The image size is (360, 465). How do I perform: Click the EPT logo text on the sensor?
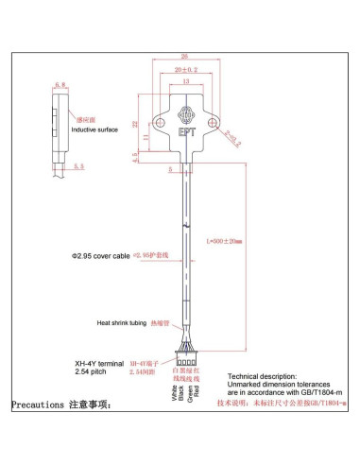(x=184, y=134)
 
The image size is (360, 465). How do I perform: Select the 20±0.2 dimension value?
(x=185, y=69)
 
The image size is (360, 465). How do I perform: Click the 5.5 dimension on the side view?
(x=78, y=166)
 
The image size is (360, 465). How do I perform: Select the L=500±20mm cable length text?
(x=224, y=241)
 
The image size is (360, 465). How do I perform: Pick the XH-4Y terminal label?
(x=96, y=362)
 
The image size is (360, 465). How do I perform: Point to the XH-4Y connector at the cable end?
(x=185, y=360)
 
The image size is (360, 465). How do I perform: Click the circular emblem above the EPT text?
(x=184, y=121)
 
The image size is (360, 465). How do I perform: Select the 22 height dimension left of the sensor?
(x=135, y=124)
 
